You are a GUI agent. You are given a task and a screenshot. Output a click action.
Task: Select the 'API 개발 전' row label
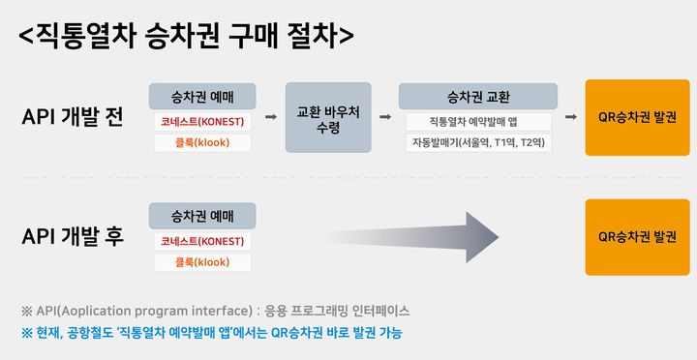73,118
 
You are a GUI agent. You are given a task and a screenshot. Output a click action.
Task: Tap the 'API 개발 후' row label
73,236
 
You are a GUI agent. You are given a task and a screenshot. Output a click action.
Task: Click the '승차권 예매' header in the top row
200,95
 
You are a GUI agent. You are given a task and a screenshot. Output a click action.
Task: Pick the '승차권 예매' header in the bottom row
200,215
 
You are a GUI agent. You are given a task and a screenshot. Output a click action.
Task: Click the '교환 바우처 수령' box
328,117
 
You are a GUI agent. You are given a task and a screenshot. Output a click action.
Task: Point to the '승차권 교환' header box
478,95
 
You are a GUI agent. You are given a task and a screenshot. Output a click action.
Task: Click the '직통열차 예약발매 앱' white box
478,122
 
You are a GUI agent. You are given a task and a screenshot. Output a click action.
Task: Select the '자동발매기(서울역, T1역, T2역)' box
478,143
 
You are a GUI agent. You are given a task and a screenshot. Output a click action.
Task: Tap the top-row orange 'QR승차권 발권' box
637,117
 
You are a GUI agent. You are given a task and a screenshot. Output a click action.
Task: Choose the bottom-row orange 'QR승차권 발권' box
637,236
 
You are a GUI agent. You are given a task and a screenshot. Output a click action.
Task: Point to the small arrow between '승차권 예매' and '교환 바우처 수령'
269,117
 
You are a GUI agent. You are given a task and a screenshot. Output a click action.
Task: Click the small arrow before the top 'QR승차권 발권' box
571,117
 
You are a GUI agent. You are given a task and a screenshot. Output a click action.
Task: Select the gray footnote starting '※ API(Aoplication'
215,311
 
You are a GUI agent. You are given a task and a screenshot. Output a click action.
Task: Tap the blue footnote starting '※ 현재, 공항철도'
211,332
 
